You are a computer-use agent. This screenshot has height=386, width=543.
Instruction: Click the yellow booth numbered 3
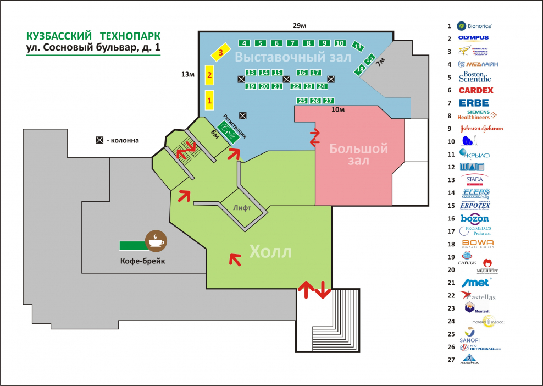(x=220, y=53)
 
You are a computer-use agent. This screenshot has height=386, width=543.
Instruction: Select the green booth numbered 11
(x=358, y=47)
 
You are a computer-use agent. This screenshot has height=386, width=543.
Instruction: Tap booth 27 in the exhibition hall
(x=328, y=101)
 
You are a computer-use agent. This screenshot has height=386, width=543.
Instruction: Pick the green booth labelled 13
(x=251, y=73)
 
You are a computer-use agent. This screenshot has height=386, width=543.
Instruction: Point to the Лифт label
(x=242, y=208)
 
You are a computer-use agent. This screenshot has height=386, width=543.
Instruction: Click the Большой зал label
(x=359, y=155)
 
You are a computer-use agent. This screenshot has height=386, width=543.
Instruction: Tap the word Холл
(x=270, y=252)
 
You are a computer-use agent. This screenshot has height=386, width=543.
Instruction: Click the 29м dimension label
(x=300, y=26)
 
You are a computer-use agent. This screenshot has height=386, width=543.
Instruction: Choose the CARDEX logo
(x=475, y=90)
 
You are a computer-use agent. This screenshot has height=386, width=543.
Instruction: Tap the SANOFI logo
(x=470, y=335)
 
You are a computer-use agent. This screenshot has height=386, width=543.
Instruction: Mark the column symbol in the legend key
(x=99, y=140)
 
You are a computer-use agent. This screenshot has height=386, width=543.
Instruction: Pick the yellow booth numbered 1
(x=209, y=100)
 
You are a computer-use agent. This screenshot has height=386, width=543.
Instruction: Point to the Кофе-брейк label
(x=142, y=261)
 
